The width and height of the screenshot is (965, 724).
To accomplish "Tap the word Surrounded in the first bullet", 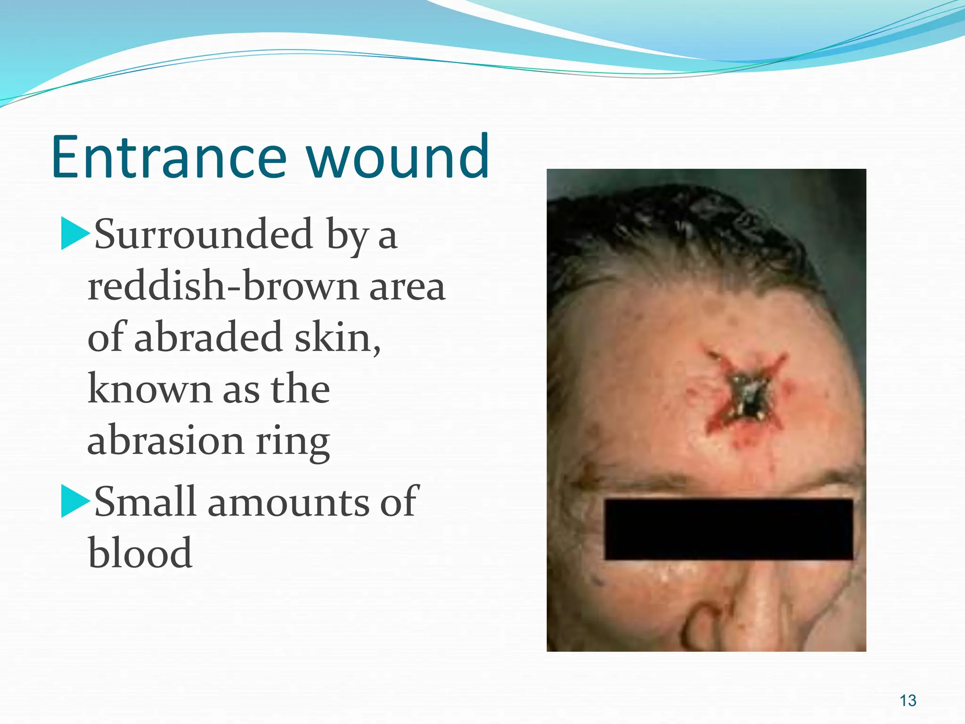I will [204, 234].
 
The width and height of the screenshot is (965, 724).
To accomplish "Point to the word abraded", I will [208, 337].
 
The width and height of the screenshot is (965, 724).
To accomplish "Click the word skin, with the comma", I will [337, 337].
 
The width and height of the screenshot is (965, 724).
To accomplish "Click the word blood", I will [140, 553].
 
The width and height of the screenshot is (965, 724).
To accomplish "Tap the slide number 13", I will [908, 700].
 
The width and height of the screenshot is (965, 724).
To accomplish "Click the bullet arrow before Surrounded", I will [74, 234].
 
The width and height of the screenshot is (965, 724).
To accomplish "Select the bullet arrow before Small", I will [74, 502].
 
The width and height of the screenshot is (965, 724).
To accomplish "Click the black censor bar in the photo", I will [728, 529].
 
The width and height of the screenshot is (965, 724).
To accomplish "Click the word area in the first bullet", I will [407, 288].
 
